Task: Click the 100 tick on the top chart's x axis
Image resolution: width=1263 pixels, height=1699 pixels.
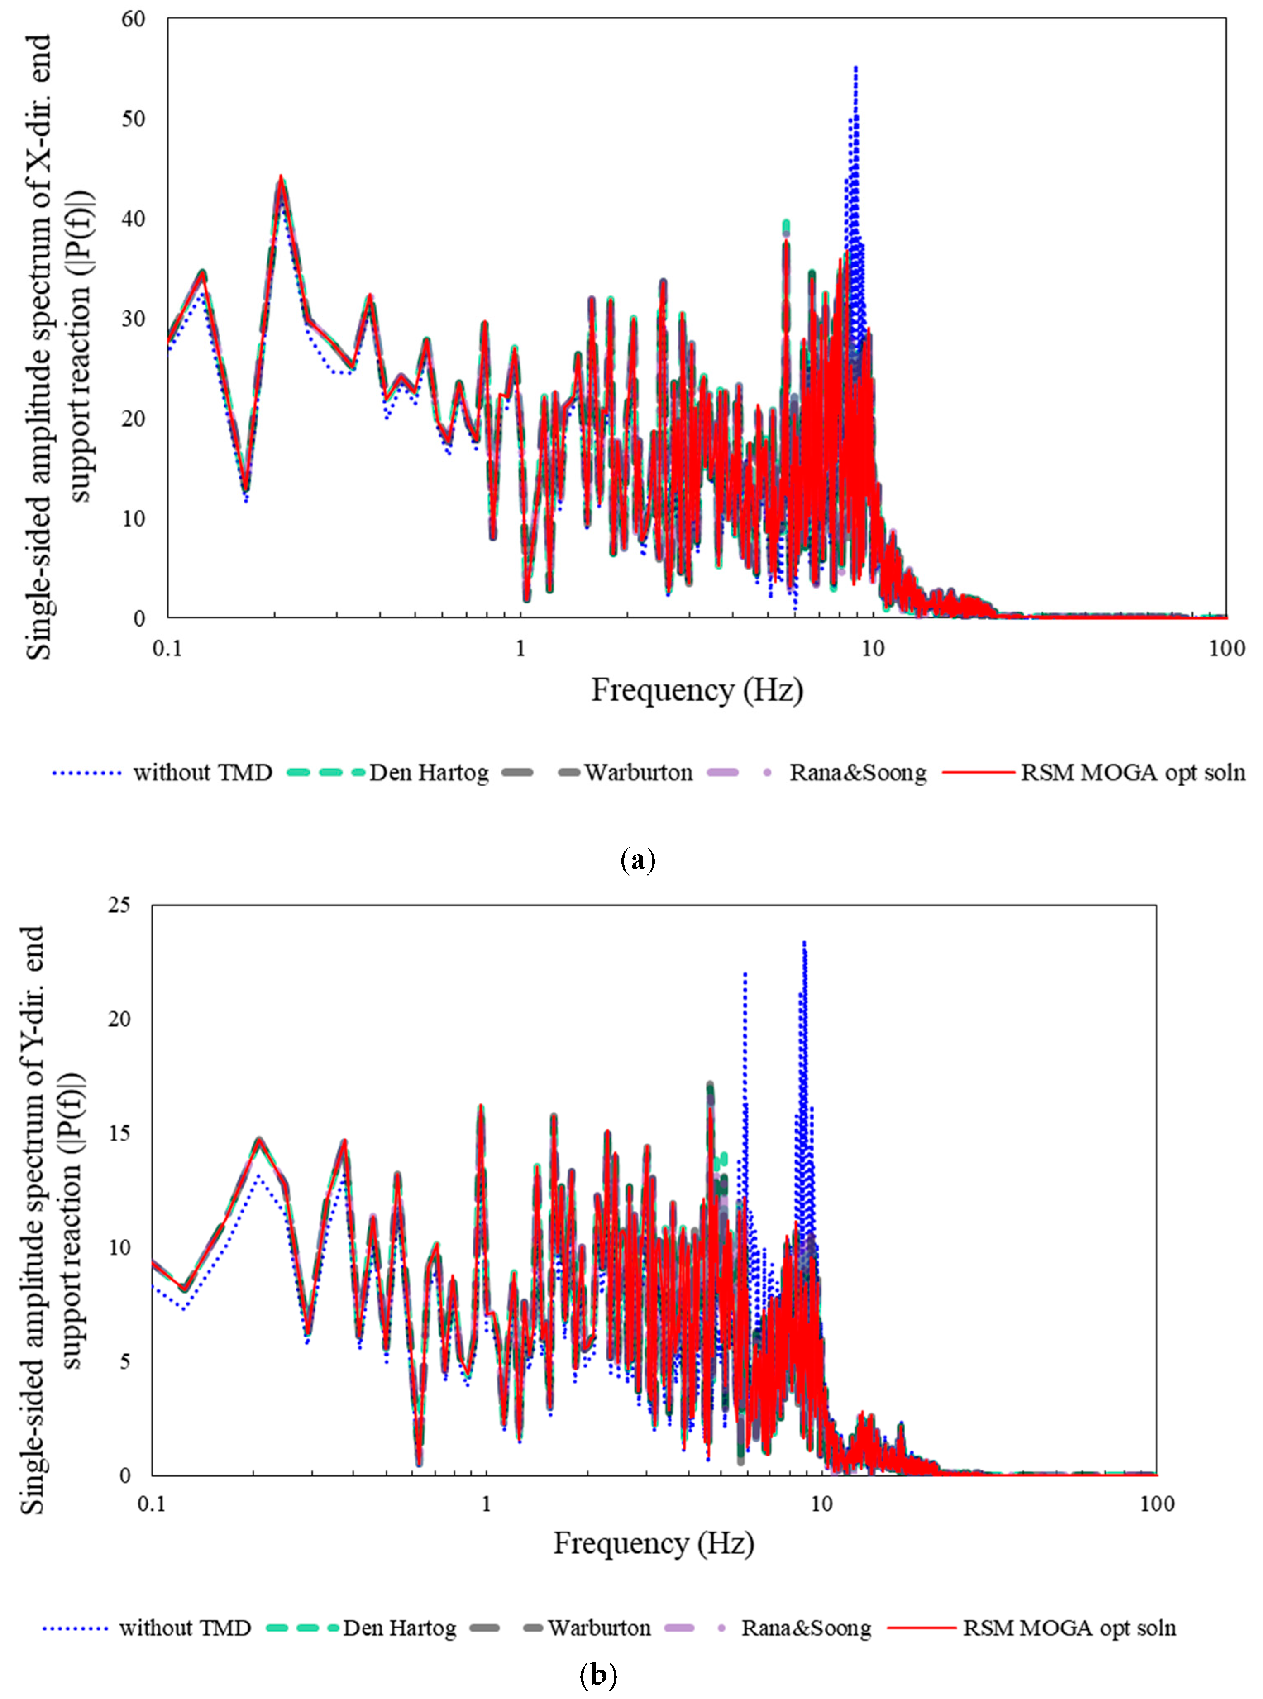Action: click(1226, 649)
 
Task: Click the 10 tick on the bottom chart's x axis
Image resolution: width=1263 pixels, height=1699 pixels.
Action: click(822, 1504)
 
